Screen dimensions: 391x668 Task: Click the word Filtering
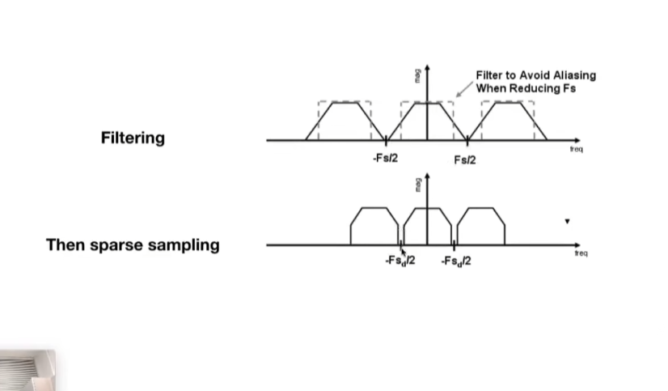(133, 138)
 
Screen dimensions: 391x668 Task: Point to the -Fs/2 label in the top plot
(385, 159)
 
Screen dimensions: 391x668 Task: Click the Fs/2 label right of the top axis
(465, 159)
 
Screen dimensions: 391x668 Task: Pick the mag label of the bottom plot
(418, 185)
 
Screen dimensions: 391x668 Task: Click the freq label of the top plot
(576, 150)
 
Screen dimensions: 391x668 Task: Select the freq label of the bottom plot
(581, 253)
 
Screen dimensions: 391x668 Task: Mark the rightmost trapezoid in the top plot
(509, 121)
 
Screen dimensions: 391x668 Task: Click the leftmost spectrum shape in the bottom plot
(374, 226)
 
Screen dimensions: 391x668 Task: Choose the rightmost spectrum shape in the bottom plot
(482, 226)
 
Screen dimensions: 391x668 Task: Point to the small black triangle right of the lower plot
(568, 221)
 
